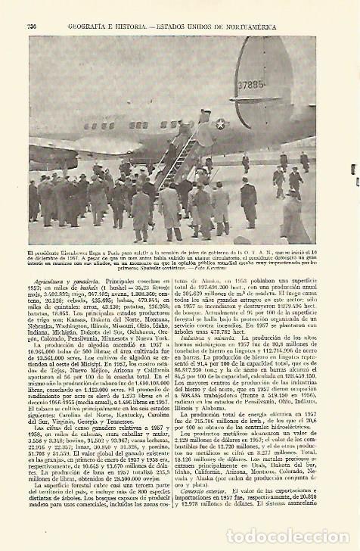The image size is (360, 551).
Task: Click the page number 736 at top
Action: [32, 26]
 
